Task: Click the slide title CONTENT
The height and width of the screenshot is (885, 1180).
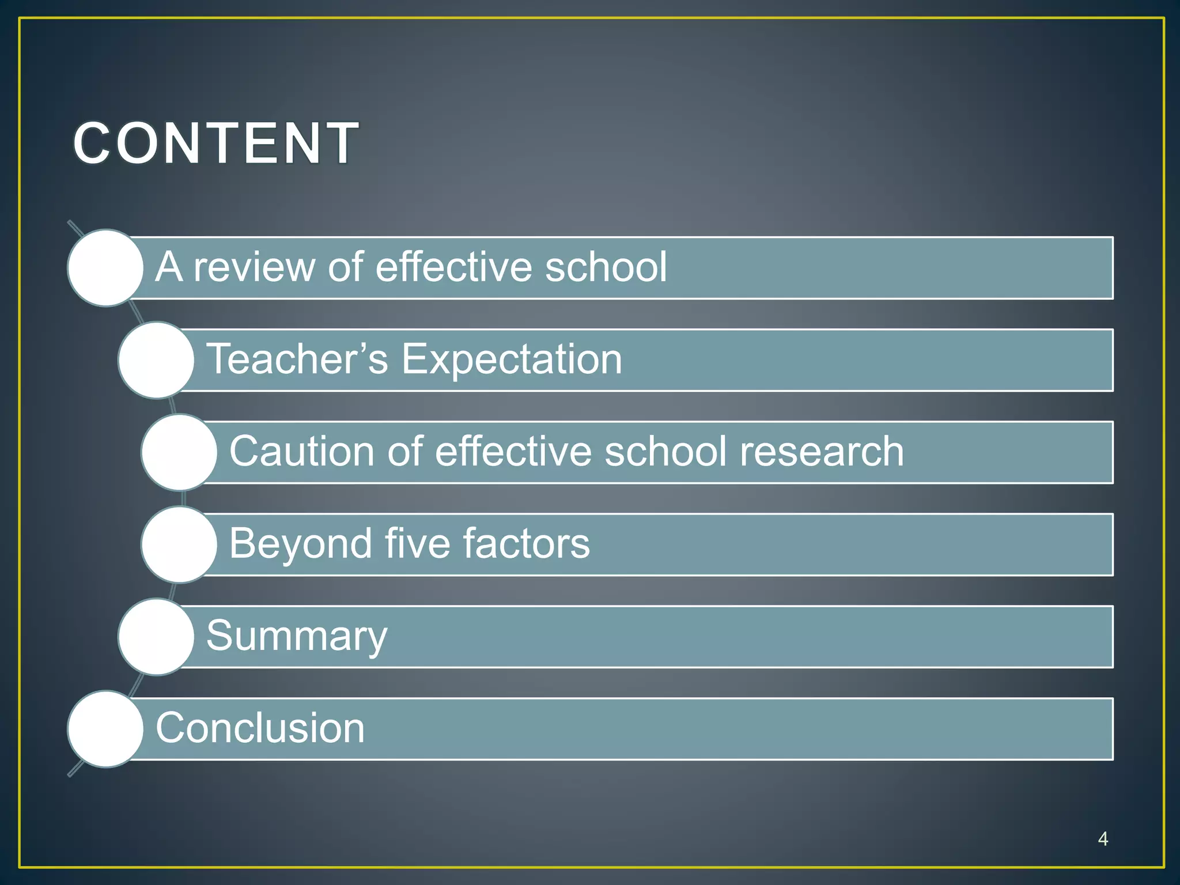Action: pyautogui.click(x=216, y=143)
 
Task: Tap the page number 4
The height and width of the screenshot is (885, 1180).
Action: pyautogui.click(x=1103, y=838)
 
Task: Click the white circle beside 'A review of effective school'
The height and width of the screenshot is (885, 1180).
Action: pyautogui.click(x=105, y=268)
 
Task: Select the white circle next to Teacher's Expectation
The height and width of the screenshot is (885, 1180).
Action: pyautogui.click(x=156, y=360)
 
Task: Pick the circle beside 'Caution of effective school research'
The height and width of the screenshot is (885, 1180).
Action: pyautogui.click(x=179, y=452)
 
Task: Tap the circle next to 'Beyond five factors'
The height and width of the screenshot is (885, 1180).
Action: pyautogui.click(x=179, y=544)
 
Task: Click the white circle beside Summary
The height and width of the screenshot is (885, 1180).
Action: pyautogui.click(x=156, y=637)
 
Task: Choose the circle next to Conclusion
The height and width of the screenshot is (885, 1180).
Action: pyautogui.click(x=105, y=729)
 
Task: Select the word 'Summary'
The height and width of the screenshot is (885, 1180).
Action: pyautogui.click(x=297, y=637)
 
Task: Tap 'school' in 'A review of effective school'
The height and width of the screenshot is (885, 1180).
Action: pyautogui.click(x=606, y=267)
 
